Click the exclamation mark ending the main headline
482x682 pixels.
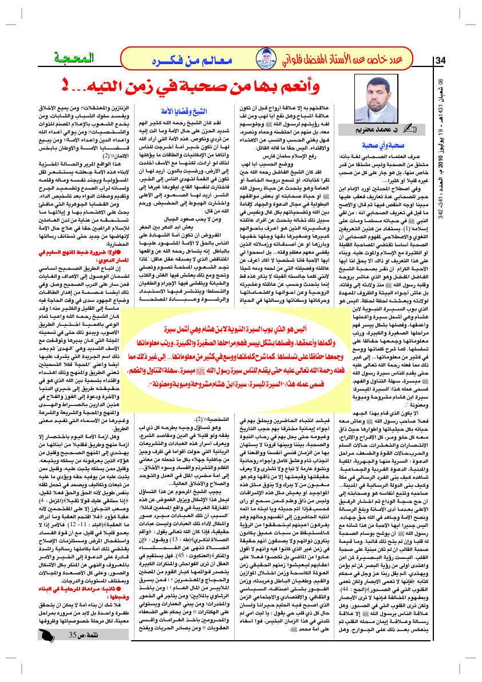tap(67, 87)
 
